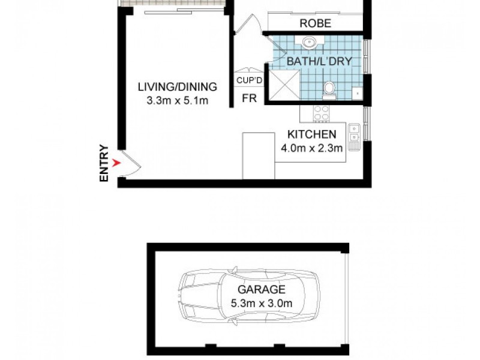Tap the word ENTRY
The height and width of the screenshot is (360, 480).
(104, 163)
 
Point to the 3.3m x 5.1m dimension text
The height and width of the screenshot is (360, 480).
(177, 100)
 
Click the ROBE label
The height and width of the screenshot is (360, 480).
(315, 25)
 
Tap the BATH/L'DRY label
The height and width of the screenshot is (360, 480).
(319, 61)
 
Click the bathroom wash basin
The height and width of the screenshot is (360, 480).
(311, 42)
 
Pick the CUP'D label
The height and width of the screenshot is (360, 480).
(246, 80)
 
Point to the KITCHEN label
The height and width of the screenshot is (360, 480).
(312, 134)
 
